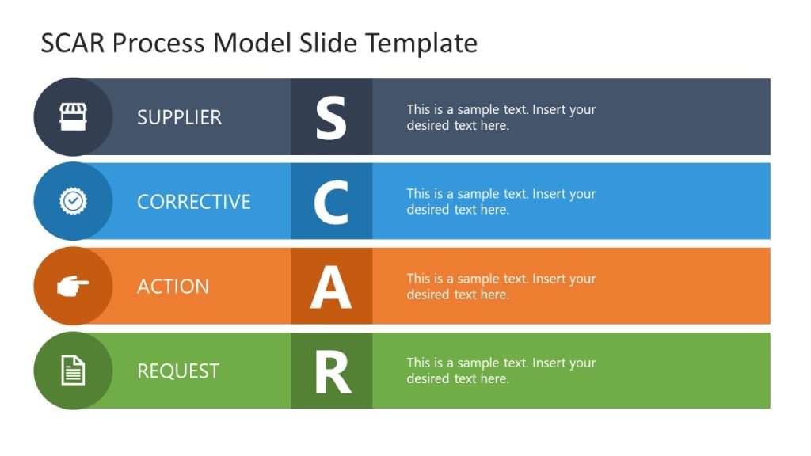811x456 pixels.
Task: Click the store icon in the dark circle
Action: click(x=73, y=117)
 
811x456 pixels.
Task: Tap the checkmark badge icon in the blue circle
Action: click(x=73, y=201)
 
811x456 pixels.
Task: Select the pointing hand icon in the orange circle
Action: click(x=73, y=286)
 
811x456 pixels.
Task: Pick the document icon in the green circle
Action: click(x=73, y=370)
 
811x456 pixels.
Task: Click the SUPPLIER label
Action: click(x=179, y=117)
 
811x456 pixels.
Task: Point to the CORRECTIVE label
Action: click(x=193, y=202)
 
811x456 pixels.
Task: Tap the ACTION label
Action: click(x=173, y=287)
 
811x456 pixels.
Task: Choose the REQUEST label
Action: click(x=177, y=370)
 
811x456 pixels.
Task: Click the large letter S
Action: click(x=331, y=117)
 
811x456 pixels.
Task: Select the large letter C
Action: click(x=331, y=202)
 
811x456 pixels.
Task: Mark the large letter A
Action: click(x=331, y=287)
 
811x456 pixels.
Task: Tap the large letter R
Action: click(x=332, y=371)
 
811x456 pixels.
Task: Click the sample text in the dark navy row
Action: click(x=501, y=117)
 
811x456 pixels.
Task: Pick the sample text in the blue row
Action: click(x=501, y=202)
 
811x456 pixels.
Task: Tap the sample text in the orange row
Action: click(x=501, y=287)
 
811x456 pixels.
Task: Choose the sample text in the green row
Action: click(x=501, y=370)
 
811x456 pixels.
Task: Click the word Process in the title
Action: click(x=159, y=43)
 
